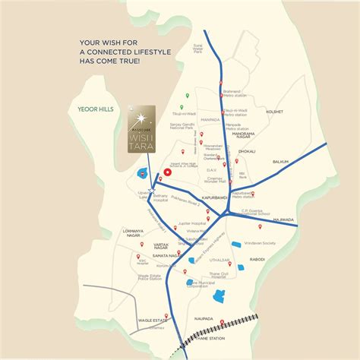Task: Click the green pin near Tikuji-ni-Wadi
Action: [182, 106]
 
